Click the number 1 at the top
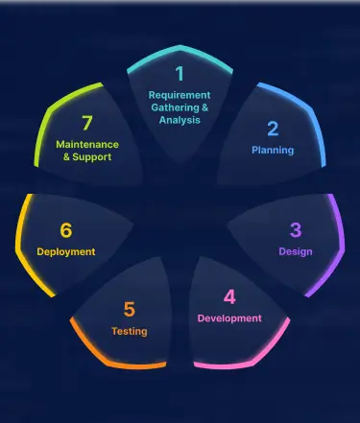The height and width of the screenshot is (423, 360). point(179,74)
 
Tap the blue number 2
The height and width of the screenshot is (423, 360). point(273,129)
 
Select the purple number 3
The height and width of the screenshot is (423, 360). point(296,230)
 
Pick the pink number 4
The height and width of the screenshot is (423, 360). point(229,297)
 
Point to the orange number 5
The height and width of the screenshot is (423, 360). point(130,310)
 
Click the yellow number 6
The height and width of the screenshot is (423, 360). point(65,230)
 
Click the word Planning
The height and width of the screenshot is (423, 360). point(273,151)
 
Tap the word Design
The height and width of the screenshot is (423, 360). point(296,252)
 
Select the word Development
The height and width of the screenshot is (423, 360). point(229,318)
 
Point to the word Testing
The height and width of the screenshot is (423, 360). point(130,332)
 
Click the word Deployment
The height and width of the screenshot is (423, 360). point(65,252)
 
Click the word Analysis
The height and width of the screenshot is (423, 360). point(179,121)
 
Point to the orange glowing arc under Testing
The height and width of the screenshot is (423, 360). point(115,363)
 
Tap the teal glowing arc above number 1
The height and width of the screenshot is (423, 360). point(179,48)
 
